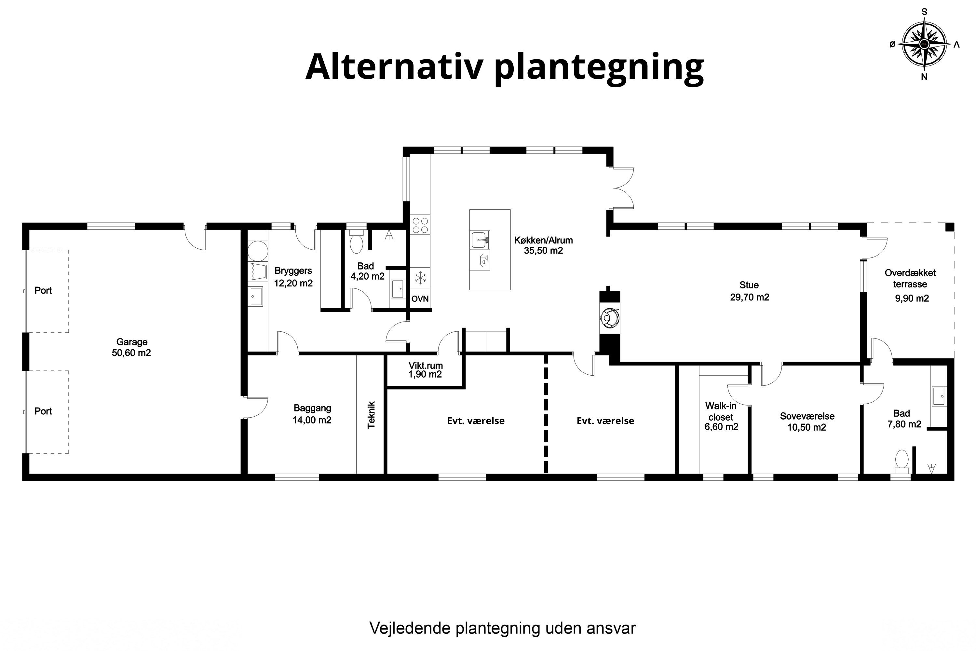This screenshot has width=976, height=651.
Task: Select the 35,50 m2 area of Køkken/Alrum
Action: [543, 251]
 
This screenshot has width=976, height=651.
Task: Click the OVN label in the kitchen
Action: [420, 299]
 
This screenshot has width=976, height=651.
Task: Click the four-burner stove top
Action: [420, 225]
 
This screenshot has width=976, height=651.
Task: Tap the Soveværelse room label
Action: [807, 416]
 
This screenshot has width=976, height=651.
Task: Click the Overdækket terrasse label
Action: [910, 279]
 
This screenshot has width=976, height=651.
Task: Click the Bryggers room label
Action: [293, 271]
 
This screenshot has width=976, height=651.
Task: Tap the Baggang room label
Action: [312, 408]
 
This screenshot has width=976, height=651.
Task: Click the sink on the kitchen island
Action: [480, 240]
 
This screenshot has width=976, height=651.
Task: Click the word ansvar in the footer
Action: [611, 628]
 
